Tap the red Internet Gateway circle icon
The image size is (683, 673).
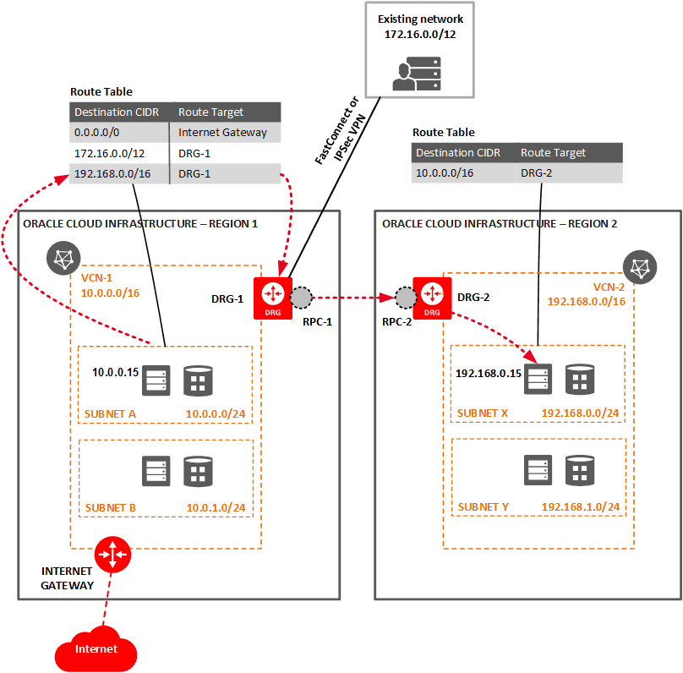112,555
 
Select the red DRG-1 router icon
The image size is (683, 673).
272,297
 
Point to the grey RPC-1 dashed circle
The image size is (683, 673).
301,298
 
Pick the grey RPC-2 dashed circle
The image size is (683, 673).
406,298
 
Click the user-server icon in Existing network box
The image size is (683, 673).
414,73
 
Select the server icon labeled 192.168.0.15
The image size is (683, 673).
538,379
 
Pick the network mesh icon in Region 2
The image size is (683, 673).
641,268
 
